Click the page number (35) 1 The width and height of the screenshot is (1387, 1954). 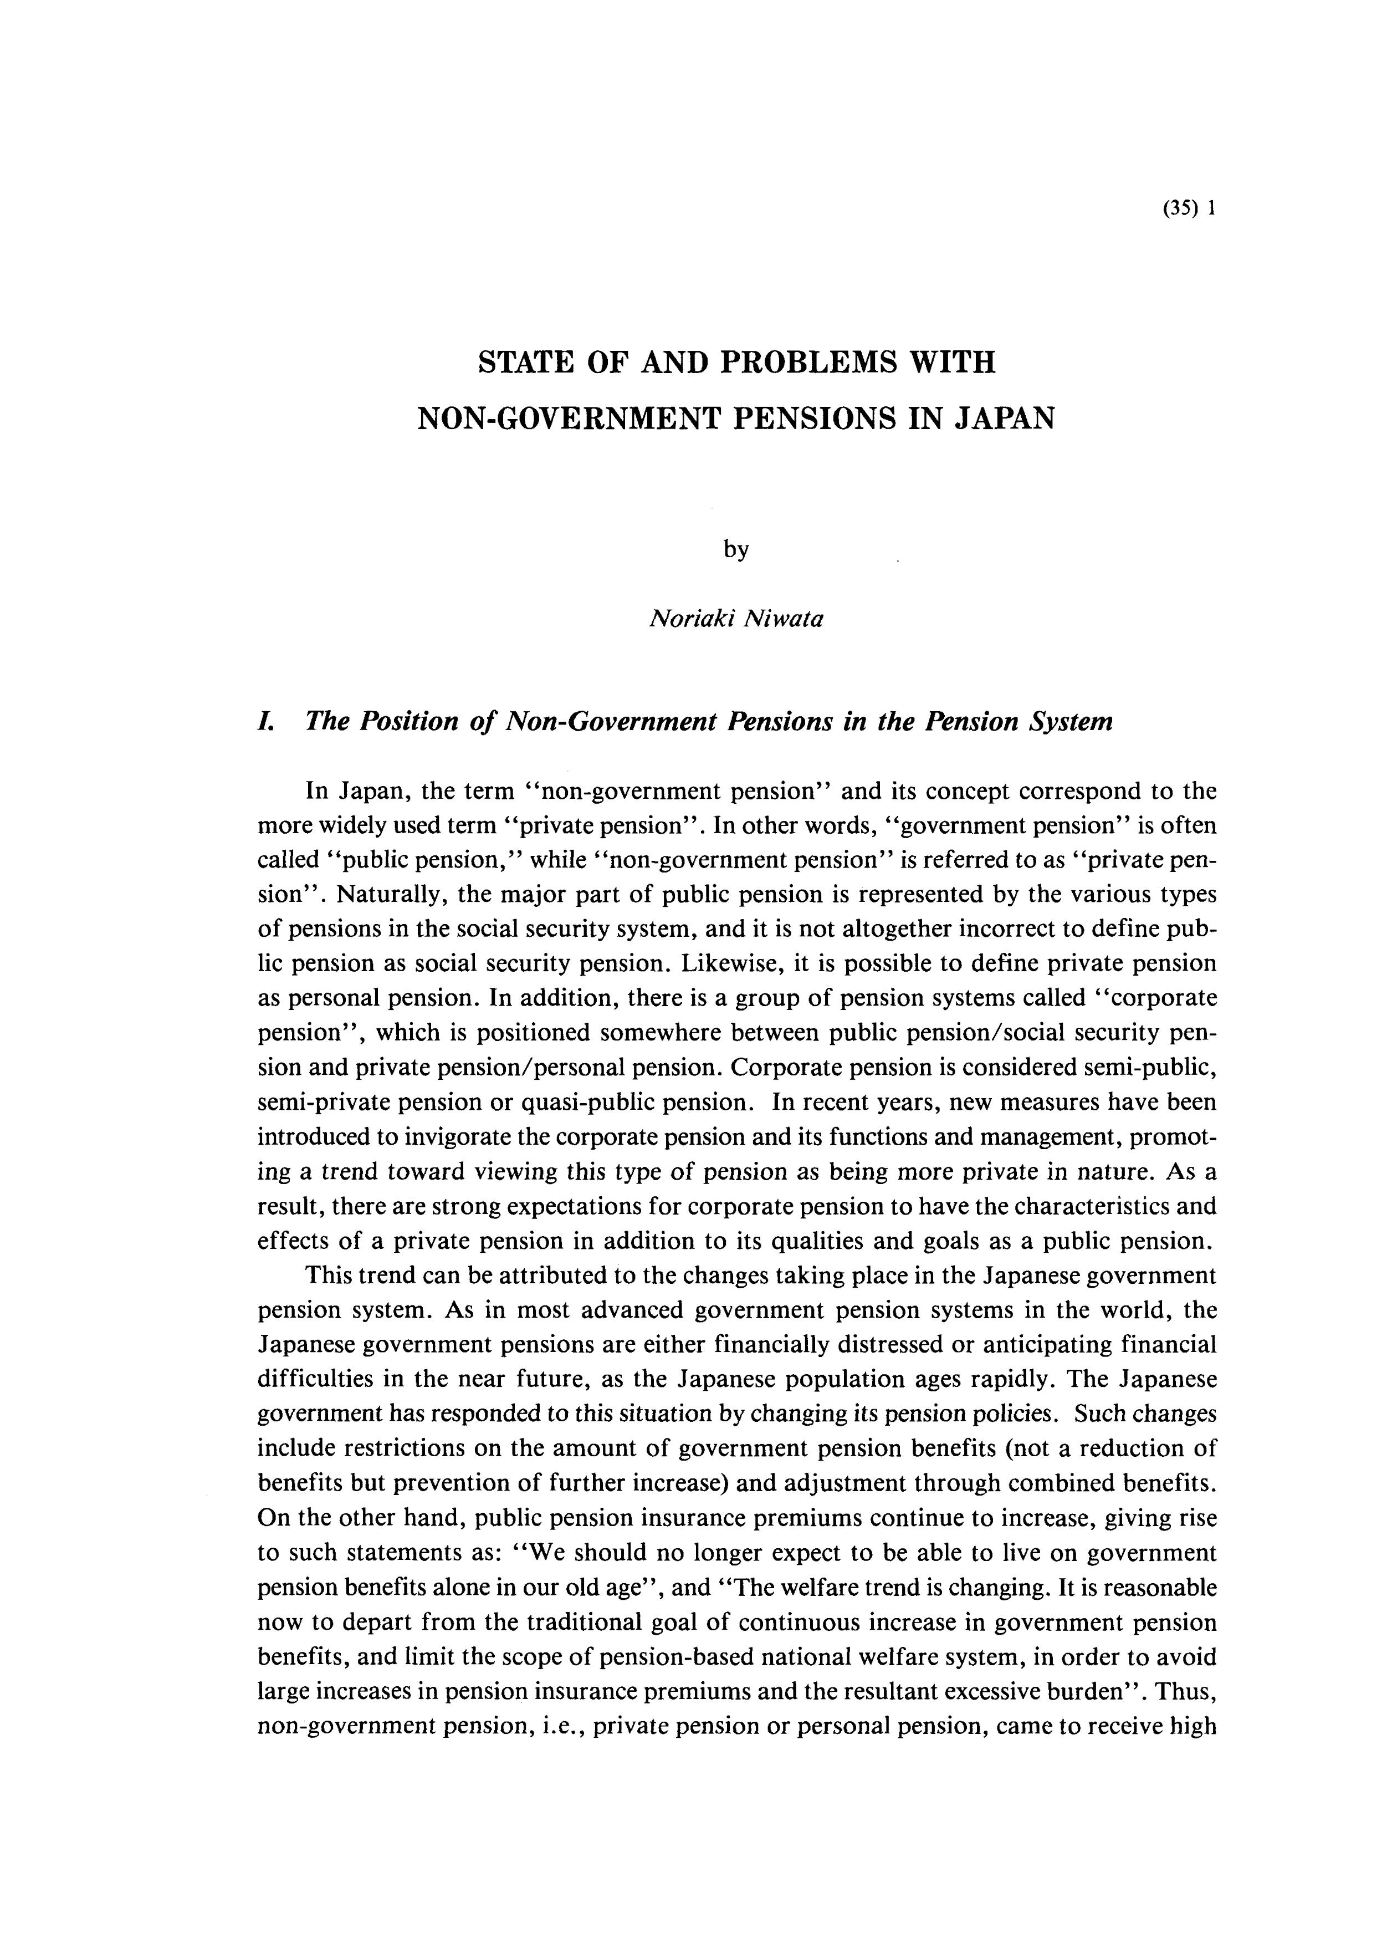[x=1188, y=210]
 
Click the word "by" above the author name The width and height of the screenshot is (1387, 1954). [x=735, y=550]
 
